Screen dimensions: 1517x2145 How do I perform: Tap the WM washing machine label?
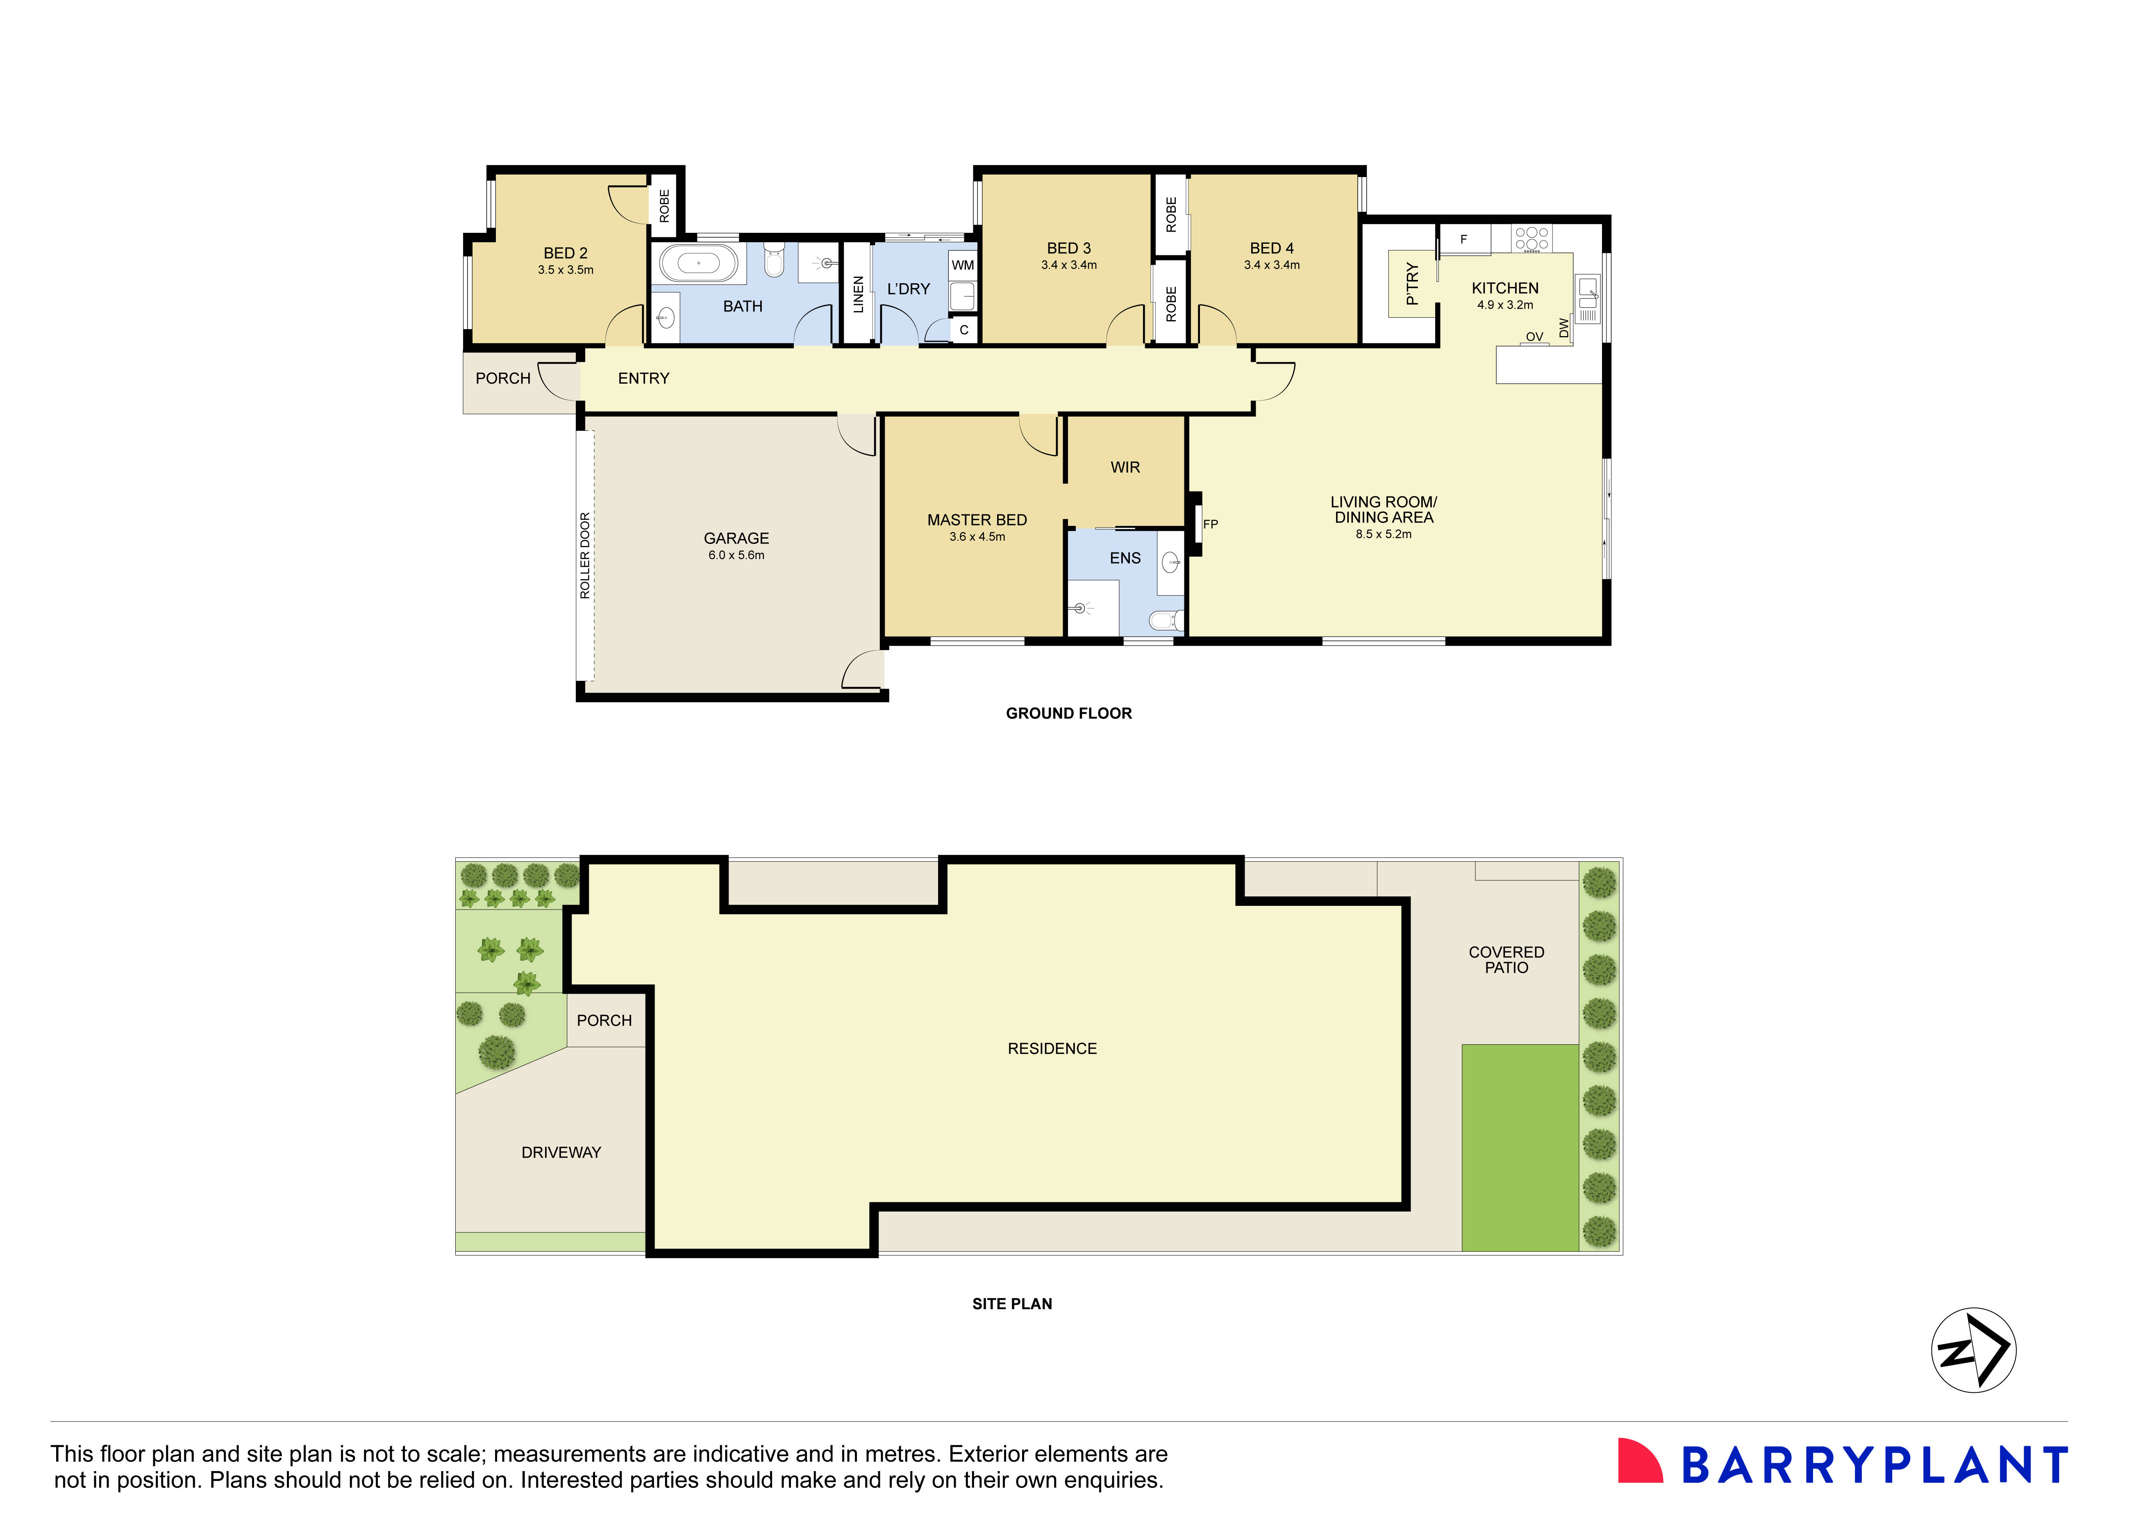coord(962,265)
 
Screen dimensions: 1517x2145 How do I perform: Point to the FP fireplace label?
coord(1211,524)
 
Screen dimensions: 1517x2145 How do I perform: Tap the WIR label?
coord(1125,467)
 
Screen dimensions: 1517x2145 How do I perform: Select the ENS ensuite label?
coord(1125,558)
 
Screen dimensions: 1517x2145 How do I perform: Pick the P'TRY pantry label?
coord(1412,284)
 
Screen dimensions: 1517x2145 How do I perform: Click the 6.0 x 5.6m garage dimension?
coord(736,555)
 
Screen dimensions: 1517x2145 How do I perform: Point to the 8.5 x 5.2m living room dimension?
coord(1384,534)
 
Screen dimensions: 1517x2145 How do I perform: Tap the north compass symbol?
coord(1973,1350)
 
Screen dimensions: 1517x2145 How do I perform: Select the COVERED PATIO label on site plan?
coord(1506,959)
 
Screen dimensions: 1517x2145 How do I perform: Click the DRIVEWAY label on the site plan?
coord(561,1153)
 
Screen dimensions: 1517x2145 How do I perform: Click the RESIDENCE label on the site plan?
coord(1052,1049)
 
